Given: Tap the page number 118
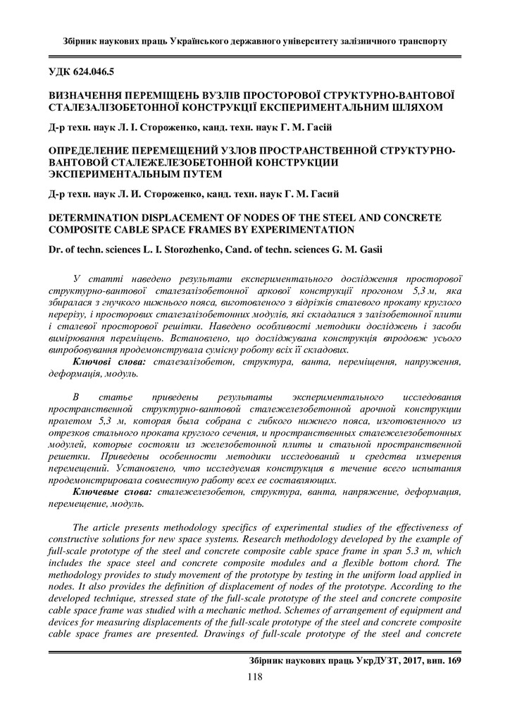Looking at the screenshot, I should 254,678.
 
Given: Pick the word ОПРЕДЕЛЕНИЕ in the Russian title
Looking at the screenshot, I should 87,151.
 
